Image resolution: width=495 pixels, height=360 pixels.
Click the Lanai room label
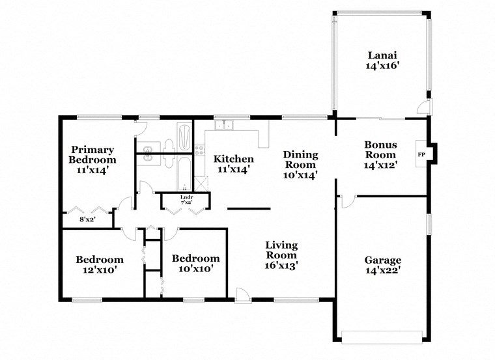point(382,61)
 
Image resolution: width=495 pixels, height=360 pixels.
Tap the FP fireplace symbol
point(421,154)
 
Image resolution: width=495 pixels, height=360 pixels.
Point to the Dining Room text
point(300,165)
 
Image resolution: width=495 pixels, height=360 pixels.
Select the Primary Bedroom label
point(93,159)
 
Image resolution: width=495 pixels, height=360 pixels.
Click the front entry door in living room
point(242,296)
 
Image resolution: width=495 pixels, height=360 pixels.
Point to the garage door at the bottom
point(382,337)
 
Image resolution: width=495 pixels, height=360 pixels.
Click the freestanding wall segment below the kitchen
point(249,209)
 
